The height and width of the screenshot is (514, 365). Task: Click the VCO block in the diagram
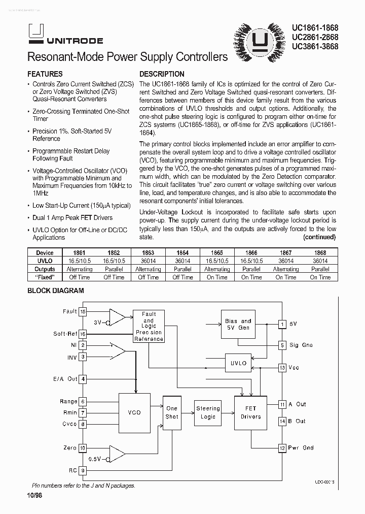[x=134, y=413]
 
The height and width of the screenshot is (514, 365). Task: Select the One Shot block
[x=172, y=412]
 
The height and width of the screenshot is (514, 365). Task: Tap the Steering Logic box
[x=208, y=412]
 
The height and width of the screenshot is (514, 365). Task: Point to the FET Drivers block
[x=250, y=412]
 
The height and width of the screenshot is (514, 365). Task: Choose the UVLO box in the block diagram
[x=238, y=363]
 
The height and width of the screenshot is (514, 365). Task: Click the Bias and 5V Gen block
[x=238, y=325]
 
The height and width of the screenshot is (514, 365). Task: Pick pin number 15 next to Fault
[x=83, y=311]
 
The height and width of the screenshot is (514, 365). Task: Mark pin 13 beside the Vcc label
[x=282, y=367]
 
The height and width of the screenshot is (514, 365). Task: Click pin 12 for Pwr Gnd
[x=282, y=447]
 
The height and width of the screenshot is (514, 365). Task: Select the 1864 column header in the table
[x=182, y=252]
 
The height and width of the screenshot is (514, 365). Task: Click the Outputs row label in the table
[x=45, y=269]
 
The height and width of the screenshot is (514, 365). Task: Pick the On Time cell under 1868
[x=320, y=277]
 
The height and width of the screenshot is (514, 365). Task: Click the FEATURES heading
[x=45, y=74]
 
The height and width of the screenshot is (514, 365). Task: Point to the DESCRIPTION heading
[x=162, y=74]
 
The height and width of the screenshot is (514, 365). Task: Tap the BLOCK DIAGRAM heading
[x=55, y=291]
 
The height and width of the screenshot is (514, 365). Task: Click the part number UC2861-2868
[x=315, y=37]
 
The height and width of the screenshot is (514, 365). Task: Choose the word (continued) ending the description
[x=319, y=237]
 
